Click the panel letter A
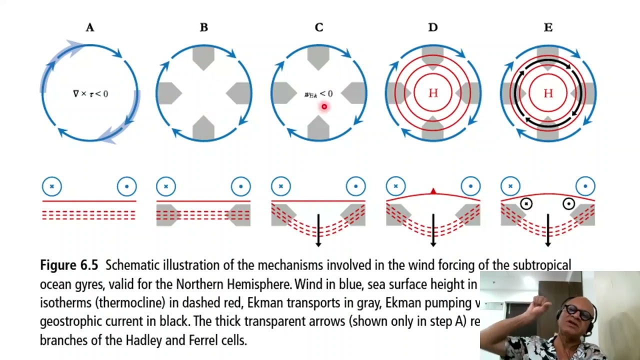(89, 27)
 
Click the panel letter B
(204, 27)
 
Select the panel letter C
(319, 27)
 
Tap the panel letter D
(433, 27)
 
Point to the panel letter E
(548, 27)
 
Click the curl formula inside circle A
(90, 93)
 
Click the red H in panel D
(433, 93)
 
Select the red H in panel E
(548, 93)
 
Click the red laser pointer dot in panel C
(324, 106)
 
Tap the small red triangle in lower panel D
(433, 191)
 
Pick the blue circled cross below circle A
(51, 186)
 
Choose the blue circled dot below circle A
(126, 186)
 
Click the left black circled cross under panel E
(526, 203)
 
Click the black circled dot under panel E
(568, 203)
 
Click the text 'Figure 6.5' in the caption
(69, 265)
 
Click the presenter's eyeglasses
(579, 313)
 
